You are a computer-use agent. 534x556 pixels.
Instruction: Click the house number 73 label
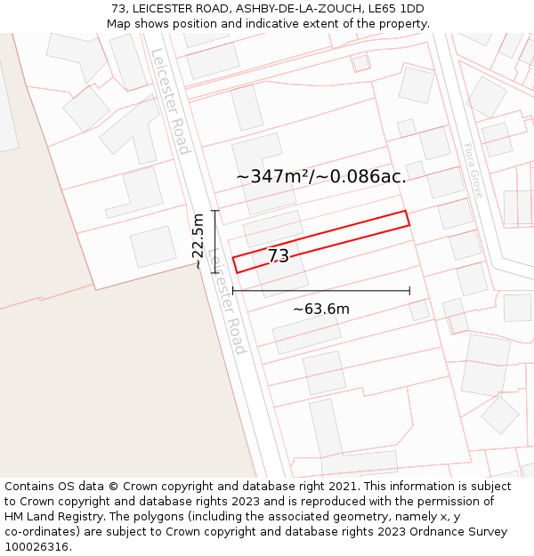click(x=279, y=256)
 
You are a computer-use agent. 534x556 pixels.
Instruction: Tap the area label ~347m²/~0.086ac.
click(x=321, y=176)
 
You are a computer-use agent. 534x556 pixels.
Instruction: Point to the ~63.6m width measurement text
click(x=321, y=309)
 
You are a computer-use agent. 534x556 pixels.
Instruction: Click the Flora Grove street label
click(x=473, y=170)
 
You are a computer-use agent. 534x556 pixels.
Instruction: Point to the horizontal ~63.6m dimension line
click(x=321, y=291)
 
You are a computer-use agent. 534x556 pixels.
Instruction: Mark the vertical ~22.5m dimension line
click(x=214, y=241)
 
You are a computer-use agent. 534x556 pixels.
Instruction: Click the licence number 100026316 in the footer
click(x=38, y=547)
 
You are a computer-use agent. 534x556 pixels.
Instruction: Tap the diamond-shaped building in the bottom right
click(x=499, y=415)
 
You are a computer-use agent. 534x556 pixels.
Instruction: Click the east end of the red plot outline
click(x=408, y=218)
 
